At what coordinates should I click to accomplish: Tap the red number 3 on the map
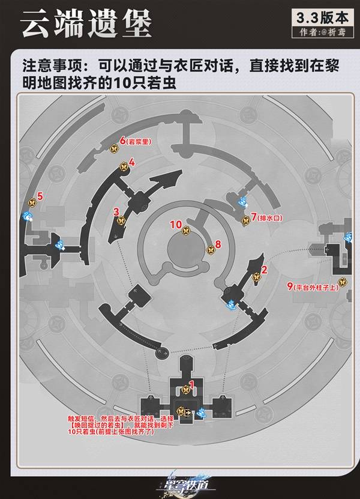(x=116, y=211)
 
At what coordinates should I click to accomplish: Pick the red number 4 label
(x=131, y=162)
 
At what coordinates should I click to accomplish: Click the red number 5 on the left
(x=40, y=196)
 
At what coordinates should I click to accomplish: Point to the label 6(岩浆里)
(x=136, y=141)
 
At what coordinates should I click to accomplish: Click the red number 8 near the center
(x=218, y=244)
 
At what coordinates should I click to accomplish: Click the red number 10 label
(x=176, y=225)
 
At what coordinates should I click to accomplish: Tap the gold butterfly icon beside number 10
(x=187, y=230)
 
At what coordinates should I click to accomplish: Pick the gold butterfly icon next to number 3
(x=121, y=220)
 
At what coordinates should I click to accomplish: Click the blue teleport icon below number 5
(x=27, y=217)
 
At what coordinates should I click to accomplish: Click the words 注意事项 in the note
(x=46, y=64)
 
